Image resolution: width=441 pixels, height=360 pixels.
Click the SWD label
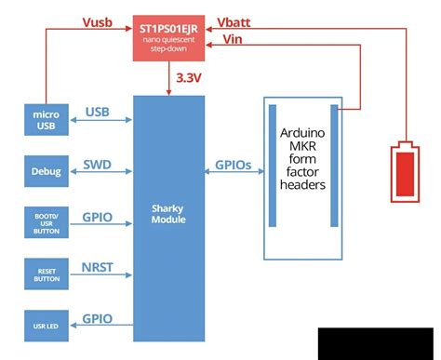tap(98, 163)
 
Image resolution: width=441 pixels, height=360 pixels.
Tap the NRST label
tap(98, 267)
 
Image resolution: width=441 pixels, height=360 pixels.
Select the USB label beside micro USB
tap(98, 112)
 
